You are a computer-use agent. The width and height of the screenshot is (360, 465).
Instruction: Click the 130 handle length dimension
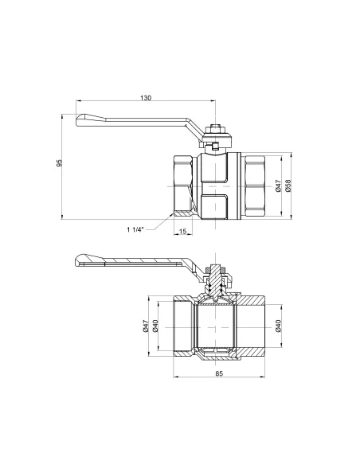[x=145, y=98]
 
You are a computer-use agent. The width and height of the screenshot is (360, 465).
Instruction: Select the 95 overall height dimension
[x=60, y=164]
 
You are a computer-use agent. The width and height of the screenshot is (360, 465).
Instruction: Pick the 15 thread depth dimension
[x=183, y=232]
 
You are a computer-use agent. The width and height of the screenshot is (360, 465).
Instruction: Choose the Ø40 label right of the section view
[x=277, y=326]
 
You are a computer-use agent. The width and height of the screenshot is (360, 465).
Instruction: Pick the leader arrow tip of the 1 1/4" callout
[x=174, y=213]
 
